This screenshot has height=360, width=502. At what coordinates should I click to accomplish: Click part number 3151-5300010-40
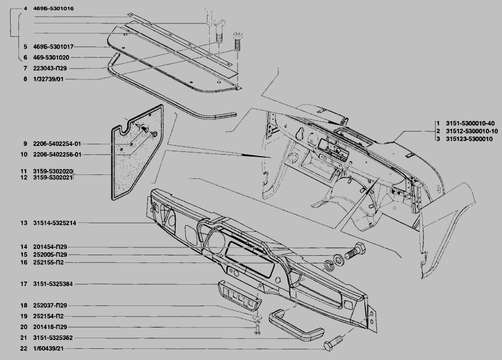point(470,123)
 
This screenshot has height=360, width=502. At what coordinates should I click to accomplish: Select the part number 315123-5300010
point(469,139)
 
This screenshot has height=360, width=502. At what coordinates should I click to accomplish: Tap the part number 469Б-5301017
point(54,47)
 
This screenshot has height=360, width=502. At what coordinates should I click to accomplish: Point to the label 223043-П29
point(50,68)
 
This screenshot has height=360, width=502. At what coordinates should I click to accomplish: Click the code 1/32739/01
point(49,79)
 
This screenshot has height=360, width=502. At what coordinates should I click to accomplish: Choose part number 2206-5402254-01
point(57,144)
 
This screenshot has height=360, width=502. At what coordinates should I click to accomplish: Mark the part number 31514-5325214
point(55,223)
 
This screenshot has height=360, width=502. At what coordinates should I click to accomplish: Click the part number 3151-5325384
point(53,284)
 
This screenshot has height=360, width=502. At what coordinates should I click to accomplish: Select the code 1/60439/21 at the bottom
point(49,348)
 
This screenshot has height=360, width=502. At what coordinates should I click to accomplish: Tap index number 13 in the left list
point(23,223)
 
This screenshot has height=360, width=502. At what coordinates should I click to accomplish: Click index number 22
point(23,348)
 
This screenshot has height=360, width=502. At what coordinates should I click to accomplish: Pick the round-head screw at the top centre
point(236,40)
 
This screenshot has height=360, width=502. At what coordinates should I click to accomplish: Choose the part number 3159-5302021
point(53,178)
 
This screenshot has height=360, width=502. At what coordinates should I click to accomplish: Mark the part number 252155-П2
point(49,262)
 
